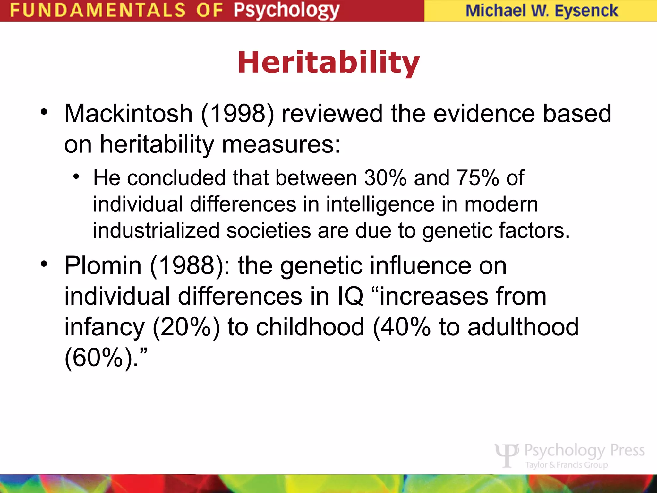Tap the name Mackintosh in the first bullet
click(x=128, y=114)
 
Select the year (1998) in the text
click(x=237, y=114)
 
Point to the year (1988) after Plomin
click(x=186, y=266)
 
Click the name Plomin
click(x=103, y=266)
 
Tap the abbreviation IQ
click(x=350, y=297)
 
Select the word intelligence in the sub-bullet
click(x=380, y=204)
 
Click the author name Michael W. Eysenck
click(x=542, y=11)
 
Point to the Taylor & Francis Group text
click(x=567, y=465)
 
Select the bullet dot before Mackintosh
click(x=44, y=112)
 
